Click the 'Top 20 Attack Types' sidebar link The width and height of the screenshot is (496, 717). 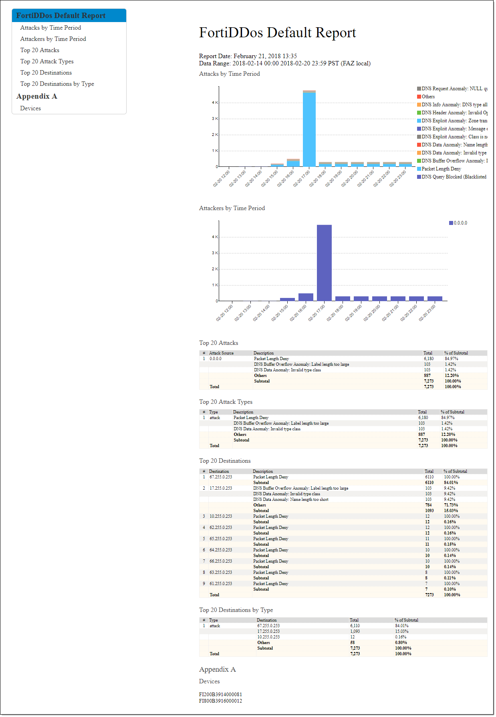[47, 61]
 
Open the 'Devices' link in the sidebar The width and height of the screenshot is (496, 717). [30, 108]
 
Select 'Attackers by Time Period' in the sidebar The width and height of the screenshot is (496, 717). [53, 39]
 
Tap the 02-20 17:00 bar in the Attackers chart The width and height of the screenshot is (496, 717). [324, 263]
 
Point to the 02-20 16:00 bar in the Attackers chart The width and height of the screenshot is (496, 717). [306, 297]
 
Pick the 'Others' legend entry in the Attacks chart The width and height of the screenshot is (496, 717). [427, 97]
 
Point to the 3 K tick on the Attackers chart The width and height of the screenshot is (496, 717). [215, 253]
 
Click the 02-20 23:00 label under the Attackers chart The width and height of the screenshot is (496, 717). [427, 313]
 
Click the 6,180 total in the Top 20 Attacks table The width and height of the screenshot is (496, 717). [429, 359]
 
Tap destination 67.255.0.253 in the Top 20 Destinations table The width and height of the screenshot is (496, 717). [221, 477]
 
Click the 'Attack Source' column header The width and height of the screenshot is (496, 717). [221, 353]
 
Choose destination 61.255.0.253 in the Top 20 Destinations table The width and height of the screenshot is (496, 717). [221, 584]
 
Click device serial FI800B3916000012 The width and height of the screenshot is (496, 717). [220, 701]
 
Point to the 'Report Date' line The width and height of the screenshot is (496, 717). [248, 56]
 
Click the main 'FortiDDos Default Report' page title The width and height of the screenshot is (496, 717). [277, 32]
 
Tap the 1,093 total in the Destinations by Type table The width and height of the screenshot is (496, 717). [355, 632]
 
